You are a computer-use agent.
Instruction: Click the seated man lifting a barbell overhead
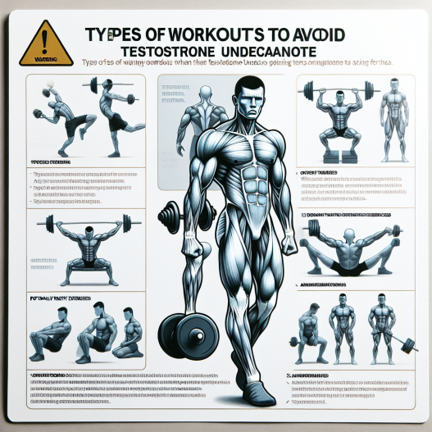(x=339, y=115)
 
